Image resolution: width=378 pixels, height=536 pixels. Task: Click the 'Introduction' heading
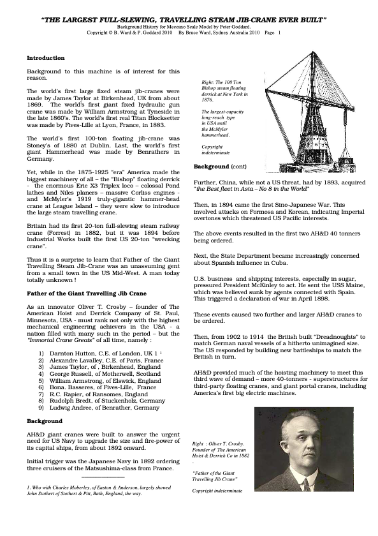coord(45,58)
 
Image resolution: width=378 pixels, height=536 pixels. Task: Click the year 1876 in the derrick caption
coord(207,100)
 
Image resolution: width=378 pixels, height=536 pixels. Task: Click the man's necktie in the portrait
coord(305,484)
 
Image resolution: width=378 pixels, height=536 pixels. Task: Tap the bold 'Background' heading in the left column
coord(45,421)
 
